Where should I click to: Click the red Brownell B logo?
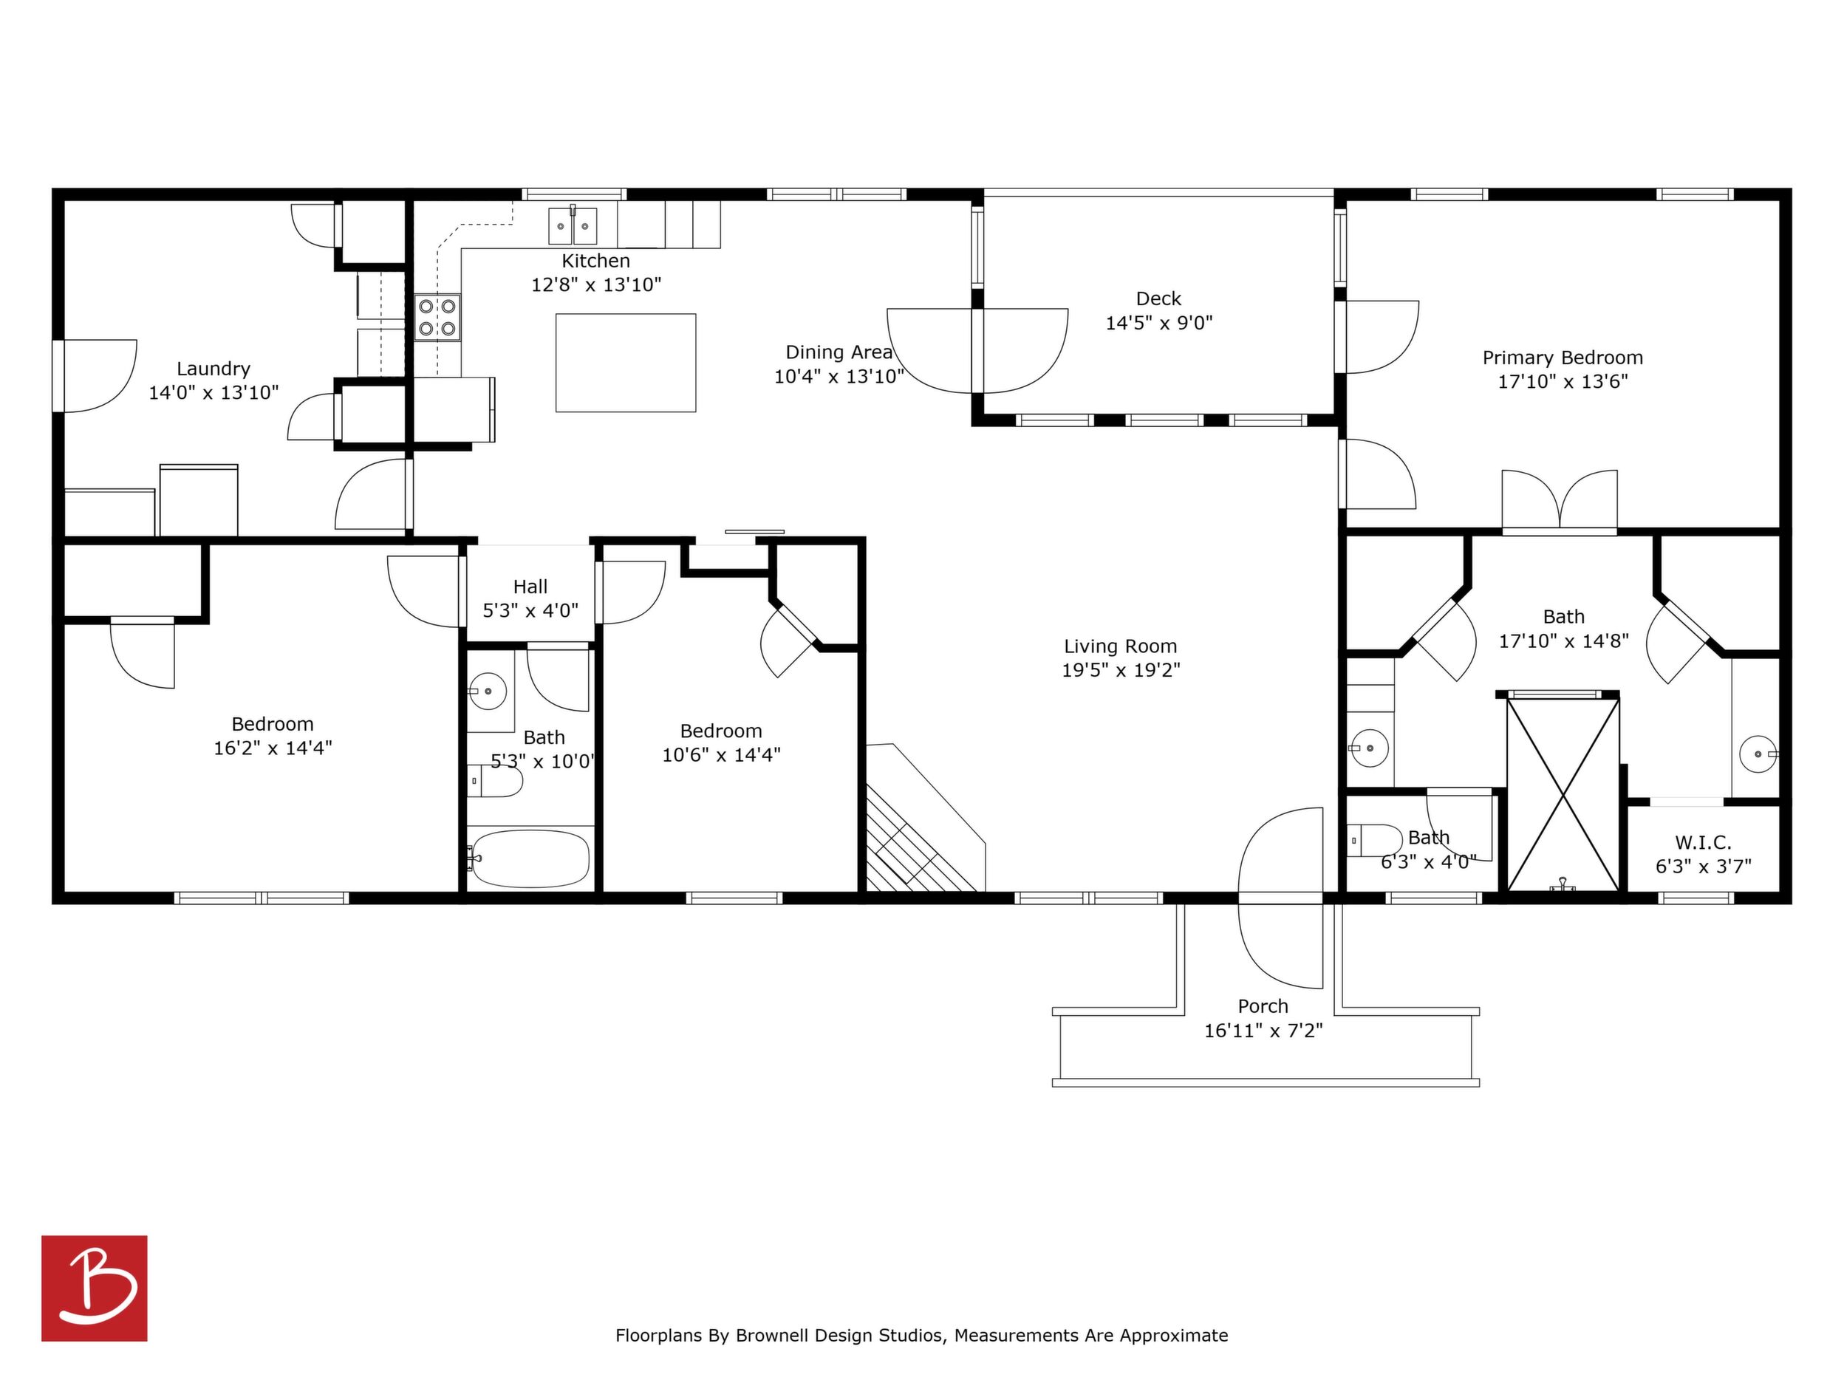[95, 1288]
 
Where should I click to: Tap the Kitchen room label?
[595, 261]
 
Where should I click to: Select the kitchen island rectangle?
[626, 363]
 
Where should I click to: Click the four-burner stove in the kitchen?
[437, 317]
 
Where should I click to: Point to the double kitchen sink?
[572, 225]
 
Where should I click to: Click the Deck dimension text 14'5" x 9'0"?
[1158, 323]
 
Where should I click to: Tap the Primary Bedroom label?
[1563, 358]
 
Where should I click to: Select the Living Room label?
[1121, 646]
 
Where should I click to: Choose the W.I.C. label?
[1703, 843]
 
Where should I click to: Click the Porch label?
[1263, 1006]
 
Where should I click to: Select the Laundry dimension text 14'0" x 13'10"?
[214, 392]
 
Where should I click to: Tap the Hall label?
[530, 587]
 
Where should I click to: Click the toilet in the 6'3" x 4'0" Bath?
[1376, 840]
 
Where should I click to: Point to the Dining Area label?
[839, 352]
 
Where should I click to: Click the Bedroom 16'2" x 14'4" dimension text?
[273, 748]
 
